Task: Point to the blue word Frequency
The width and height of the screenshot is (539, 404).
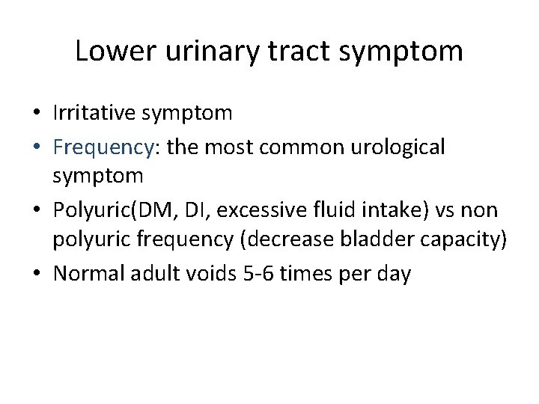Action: click(103, 147)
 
